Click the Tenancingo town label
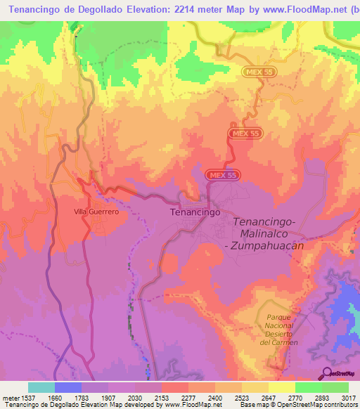tap(195, 211)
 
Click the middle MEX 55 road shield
tap(245, 134)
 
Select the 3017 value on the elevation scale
tap(348, 397)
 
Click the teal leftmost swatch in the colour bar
tap(41, 387)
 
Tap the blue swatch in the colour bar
tap(68, 387)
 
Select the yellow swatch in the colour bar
tap(282, 387)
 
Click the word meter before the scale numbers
tap(10, 397)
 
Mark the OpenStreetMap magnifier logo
tap(326, 372)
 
